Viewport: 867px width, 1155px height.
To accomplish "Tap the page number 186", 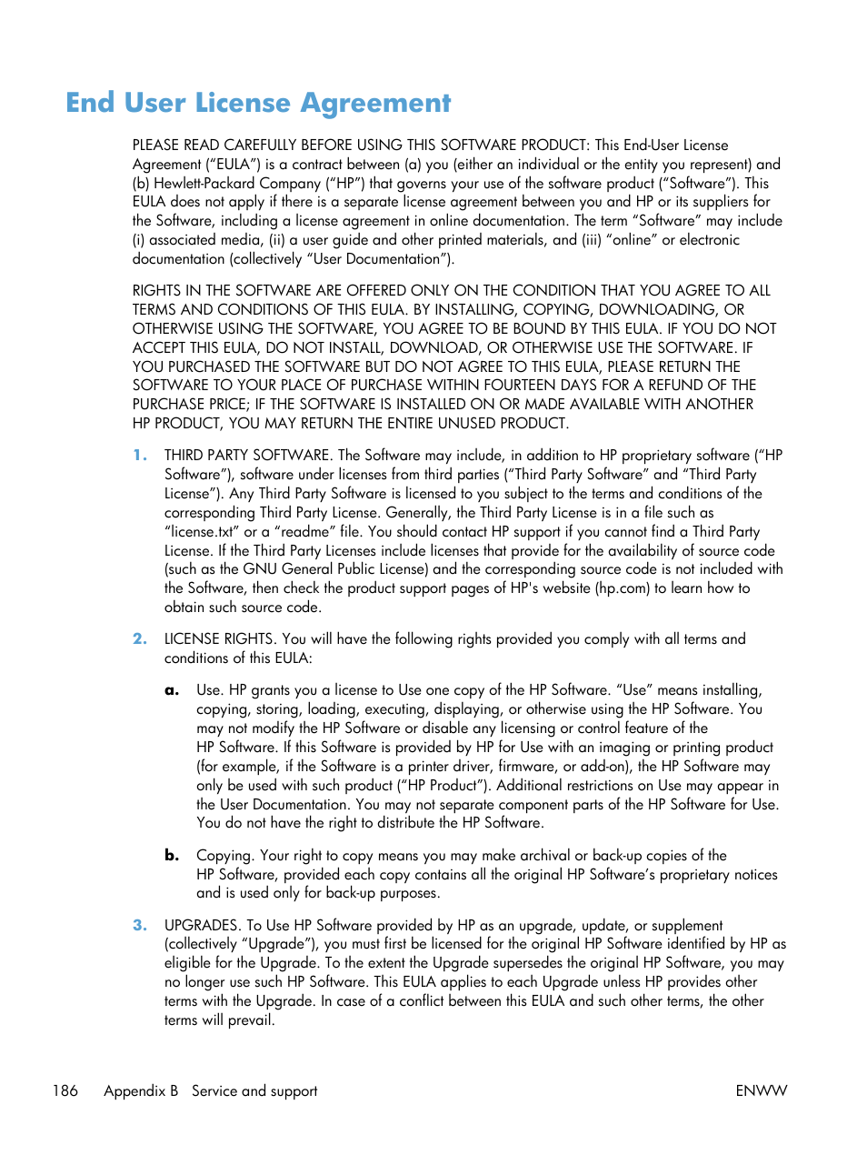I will pos(65,1090).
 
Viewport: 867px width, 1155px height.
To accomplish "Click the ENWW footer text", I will pos(761,1090).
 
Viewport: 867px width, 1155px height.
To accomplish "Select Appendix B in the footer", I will pos(141,1090).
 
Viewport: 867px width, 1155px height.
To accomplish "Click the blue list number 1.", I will pos(139,455).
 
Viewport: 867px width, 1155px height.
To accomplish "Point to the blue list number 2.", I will pos(139,638).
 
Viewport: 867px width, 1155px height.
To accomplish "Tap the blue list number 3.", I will pos(139,925).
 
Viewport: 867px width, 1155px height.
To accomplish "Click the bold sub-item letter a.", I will pos(172,690).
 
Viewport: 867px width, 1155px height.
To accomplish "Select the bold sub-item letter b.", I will pos(172,855).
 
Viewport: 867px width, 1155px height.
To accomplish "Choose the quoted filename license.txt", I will pos(202,531).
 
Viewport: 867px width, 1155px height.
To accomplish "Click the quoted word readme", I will pos(305,531).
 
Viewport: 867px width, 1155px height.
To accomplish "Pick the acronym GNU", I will pos(260,569).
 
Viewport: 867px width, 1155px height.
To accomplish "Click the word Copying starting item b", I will pos(224,855).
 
